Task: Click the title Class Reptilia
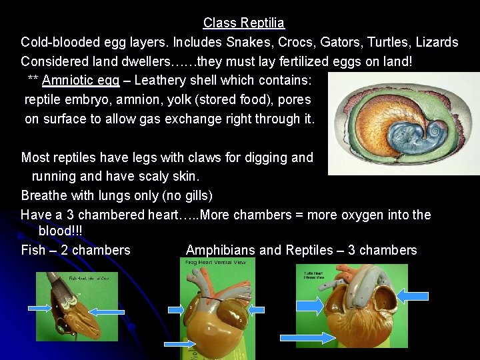(244, 23)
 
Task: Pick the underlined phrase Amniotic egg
(81, 81)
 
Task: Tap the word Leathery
(159, 81)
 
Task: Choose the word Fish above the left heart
(33, 250)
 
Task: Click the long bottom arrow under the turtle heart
(307, 338)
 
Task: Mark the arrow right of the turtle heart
(413, 295)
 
